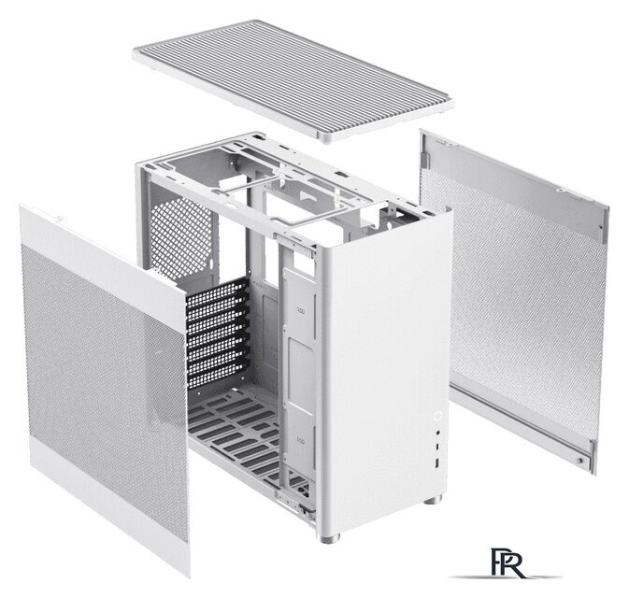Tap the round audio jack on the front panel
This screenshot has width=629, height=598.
pos(437,434)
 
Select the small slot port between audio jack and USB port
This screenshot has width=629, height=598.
pos(437,447)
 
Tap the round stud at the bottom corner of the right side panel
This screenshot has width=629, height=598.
pos(579,461)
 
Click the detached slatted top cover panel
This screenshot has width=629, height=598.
pos(293,79)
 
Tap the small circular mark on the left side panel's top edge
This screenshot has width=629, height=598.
pos(59,219)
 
